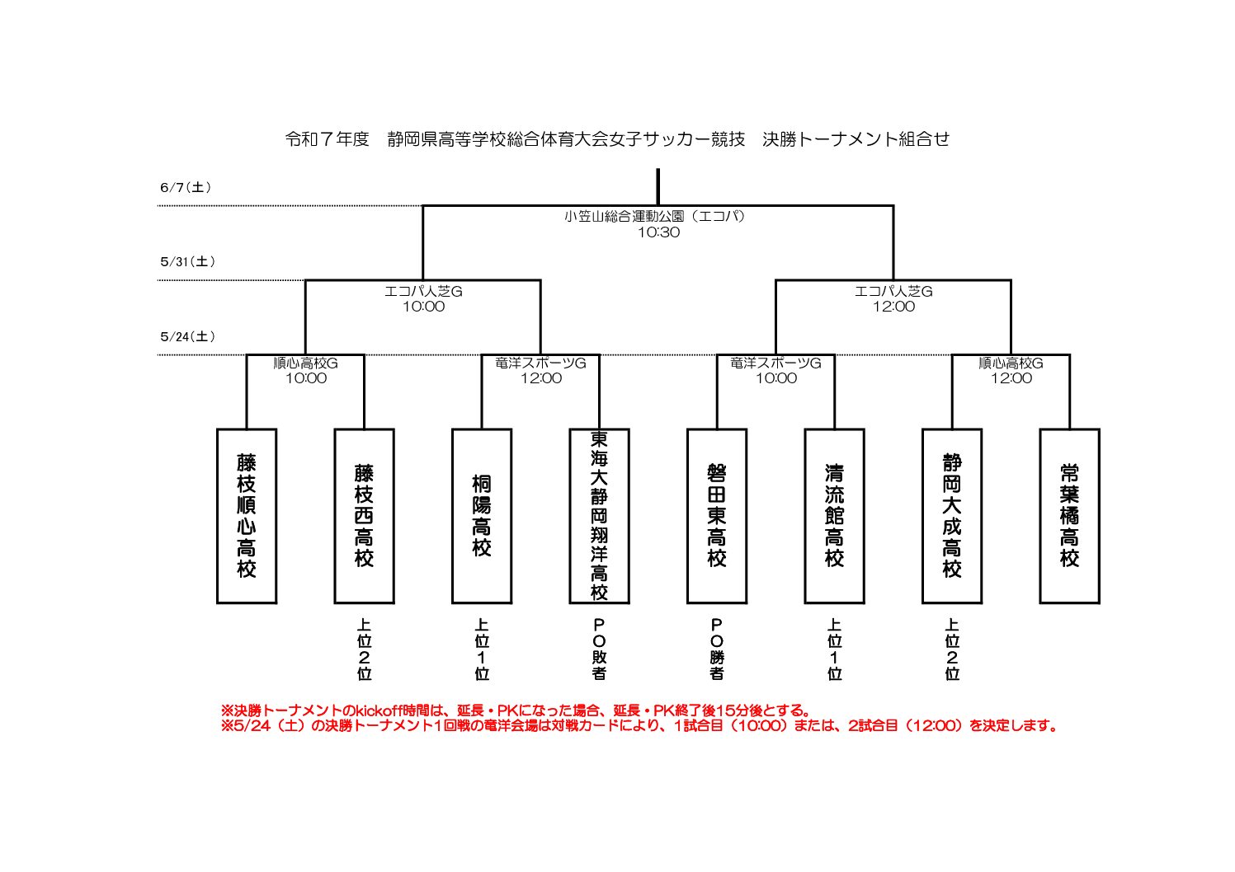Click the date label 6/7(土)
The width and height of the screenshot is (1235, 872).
coord(186,187)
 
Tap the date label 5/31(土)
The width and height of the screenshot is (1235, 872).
coord(187,261)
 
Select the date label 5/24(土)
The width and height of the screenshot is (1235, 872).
coord(187,336)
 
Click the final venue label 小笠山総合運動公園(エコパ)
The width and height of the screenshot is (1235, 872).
coord(655,217)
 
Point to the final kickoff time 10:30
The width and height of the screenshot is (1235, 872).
coord(658,232)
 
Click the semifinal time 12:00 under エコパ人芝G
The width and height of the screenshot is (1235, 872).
coord(893,307)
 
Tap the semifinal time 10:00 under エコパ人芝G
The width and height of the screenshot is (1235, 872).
coord(423,307)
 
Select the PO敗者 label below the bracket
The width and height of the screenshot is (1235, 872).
coord(599,649)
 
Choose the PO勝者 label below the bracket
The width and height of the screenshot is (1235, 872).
coord(717,649)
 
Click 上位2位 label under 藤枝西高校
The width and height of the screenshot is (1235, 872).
coord(364,649)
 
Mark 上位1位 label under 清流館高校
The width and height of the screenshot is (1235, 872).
coord(834,649)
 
